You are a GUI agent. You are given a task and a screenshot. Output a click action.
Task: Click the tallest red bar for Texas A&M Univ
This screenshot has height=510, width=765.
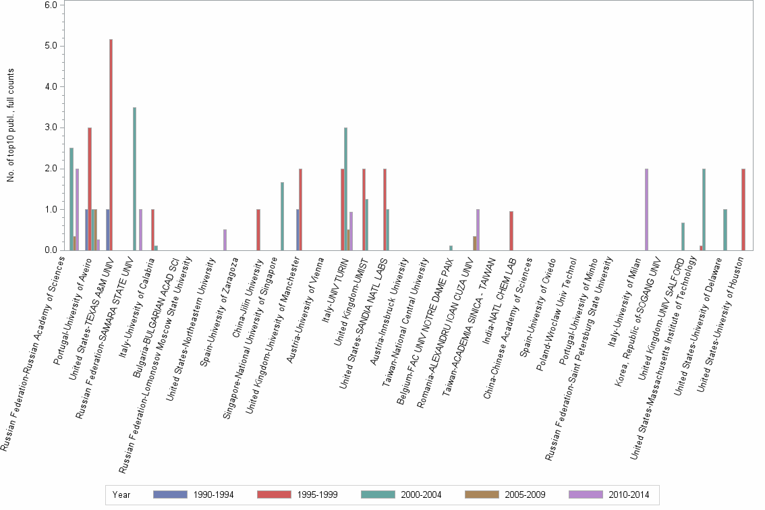(x=111, y=145)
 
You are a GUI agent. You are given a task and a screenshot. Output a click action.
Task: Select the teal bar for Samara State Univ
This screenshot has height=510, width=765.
(x=135, y=179)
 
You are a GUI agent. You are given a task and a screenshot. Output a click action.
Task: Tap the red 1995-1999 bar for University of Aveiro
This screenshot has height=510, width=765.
(x=90, y=189)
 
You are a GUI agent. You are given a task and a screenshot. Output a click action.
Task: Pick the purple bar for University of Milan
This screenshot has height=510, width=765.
(x=646, y=209)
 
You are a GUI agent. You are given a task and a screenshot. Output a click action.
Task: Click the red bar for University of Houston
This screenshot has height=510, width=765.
(x=743, y=209)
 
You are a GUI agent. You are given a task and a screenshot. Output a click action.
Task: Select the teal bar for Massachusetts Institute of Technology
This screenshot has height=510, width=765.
(x=704, y=209)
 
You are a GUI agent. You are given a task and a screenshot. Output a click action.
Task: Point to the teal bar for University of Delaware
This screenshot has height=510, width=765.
(x=725, y=229)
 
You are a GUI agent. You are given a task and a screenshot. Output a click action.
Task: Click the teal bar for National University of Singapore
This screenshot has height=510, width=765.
(x=282, y=216)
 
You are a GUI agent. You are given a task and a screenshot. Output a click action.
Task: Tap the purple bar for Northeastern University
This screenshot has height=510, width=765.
(x=225, y=240)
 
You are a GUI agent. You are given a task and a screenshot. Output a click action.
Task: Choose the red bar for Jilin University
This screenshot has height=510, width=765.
(x=258, y=229)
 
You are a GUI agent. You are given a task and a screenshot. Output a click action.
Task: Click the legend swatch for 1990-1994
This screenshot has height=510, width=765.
(x=171, y=494)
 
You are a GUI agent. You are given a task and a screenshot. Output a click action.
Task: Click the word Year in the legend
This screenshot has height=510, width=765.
(x=121, y=494)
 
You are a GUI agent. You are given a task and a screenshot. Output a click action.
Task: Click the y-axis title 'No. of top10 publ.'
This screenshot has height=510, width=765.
(x=11, y=135)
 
